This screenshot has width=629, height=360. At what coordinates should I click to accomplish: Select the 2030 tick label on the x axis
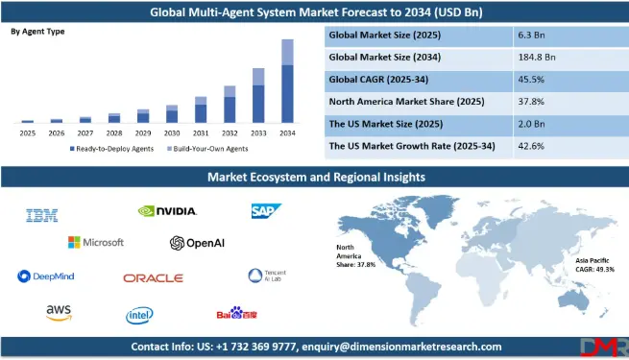point(172,133)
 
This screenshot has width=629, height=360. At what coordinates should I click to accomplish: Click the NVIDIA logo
point(168,211)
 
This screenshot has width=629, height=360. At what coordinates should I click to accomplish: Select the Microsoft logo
point(96,242)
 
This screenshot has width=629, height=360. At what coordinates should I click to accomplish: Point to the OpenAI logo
point(197,243)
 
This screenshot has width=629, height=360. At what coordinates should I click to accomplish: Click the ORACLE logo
point(153,277)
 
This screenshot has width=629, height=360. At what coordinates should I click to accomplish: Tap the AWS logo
point(59,312)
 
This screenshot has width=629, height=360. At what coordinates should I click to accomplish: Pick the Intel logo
point(139,314)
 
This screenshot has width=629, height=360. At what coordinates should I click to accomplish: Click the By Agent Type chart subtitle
point(38,32)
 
